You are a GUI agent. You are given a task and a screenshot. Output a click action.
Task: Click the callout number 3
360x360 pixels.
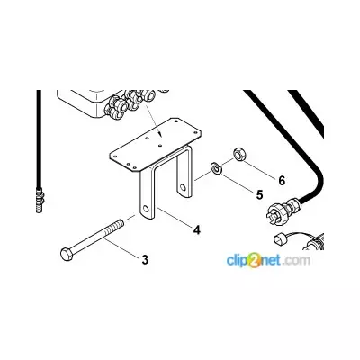click(145, 259)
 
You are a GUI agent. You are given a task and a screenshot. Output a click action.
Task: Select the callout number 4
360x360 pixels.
click(197, 230)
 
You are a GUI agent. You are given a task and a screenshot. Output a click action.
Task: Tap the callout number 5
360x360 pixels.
click(259, 194)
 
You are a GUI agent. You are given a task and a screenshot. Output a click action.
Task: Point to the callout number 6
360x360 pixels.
click(282, 181)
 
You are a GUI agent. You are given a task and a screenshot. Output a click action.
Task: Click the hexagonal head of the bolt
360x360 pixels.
click(66, 254)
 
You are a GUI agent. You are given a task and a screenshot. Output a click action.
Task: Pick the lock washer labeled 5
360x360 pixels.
click(216, 167)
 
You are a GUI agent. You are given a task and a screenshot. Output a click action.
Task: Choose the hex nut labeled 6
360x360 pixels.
click(240, 154)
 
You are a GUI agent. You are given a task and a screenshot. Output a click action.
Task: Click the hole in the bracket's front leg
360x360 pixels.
click(147, 209)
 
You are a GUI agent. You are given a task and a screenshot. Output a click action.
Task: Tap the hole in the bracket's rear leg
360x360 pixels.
click(182, 188)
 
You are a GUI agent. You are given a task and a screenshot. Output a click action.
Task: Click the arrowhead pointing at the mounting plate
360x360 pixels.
click(160, 134)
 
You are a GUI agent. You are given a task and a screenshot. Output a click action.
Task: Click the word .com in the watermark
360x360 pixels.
click(296, 260)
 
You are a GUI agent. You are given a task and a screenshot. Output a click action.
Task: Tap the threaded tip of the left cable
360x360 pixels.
click(39, 199)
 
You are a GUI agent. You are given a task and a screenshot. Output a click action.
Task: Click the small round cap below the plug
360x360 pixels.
click(281, 240)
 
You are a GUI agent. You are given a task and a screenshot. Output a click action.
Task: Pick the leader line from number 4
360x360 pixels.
click(175, 217)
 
